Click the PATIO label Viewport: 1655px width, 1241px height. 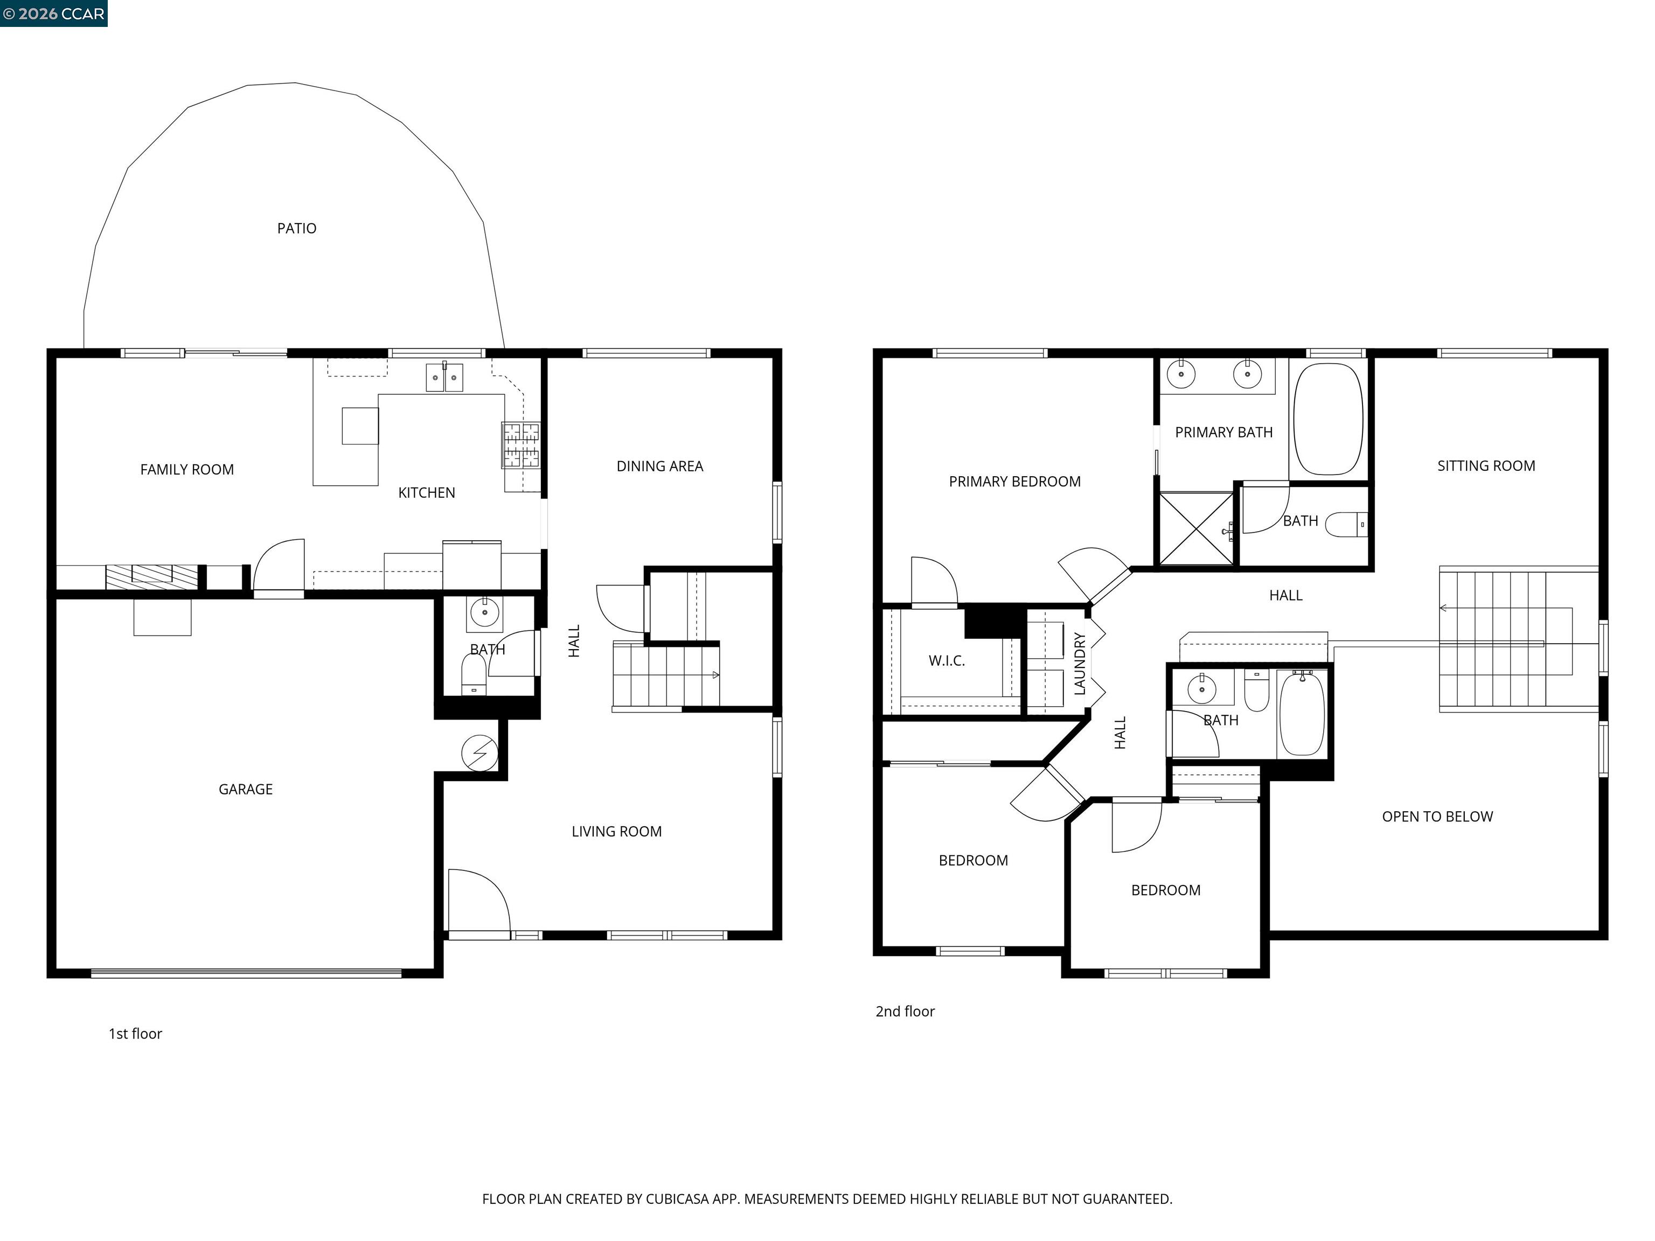pyautogui.click(x=296, y=228)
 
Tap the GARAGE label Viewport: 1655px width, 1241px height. pyautogui.click(x=246, y=789)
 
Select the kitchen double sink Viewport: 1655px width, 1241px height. pyautogui.click(x=444, y=377)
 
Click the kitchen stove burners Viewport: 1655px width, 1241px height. pyautogui.click(x=521, y=444)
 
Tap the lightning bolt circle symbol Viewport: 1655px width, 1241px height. pyautogui.click(x=479, y=752)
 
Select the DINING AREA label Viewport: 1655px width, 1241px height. pyautogui.click(x=659, y=466)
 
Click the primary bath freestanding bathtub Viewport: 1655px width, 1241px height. pyautogui.click(x=1328, y=419)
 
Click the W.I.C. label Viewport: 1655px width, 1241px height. pyautogui.click(x=947, y=660)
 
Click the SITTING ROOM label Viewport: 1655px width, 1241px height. pyautogui.click(x=1485, y=466)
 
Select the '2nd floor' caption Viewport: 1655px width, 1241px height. pyautogui.click(x=905, y=1012)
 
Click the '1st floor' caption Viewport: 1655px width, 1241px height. pyautogui.click(x=135, y=1034)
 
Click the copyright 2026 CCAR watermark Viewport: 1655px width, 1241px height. pyautogui.click(x=54, y=13)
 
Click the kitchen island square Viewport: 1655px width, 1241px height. pyautogui.click(x=360, y=426)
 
